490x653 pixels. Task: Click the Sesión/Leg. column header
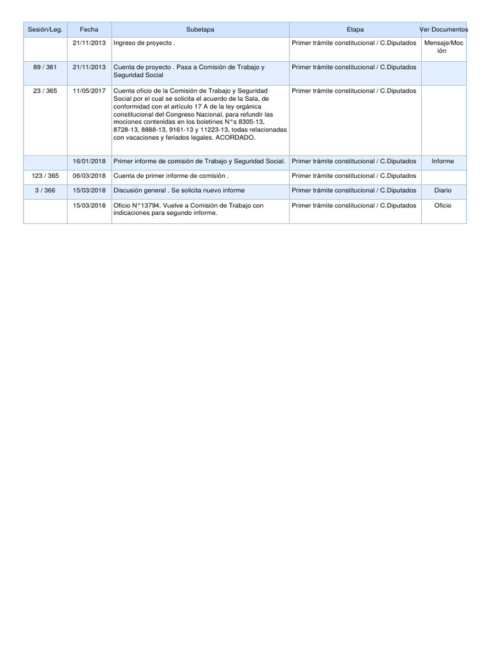(45, 30)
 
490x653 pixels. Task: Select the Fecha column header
(89, 30)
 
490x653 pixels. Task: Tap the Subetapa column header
(200, 30)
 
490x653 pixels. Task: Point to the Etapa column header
(355, 30)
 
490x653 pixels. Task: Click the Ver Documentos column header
(444, 30)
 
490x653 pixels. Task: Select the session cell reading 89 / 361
(45, 67)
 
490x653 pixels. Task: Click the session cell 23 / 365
(45, 91)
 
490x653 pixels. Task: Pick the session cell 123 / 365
(45, 175)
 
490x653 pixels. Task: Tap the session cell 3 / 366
(45, 190)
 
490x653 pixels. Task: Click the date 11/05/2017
(89, 91)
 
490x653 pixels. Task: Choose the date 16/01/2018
(89, 161)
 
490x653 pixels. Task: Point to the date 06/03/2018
(89, 175)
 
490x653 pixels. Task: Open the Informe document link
(442, 161)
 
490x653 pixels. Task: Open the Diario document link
(442, 190)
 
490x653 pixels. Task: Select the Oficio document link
(442, 205)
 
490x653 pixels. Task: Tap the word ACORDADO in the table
(235, 138)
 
